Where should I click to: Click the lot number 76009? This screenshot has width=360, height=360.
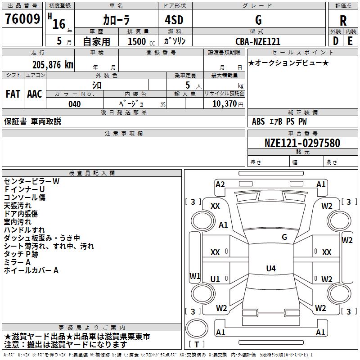pos(22,19)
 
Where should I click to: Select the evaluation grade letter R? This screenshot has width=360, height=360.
pos(343,20)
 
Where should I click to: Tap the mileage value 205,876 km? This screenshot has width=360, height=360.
pos(53,64)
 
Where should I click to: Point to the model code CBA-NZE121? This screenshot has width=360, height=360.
pos(258,41)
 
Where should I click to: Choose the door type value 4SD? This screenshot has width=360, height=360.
pos(174,20)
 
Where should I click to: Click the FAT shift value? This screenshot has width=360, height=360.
pos(13,94)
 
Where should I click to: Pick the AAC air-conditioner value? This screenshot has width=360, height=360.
pos(35,94)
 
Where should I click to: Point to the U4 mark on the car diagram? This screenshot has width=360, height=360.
pos(270,269)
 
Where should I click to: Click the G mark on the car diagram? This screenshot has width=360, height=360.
pos(284,237)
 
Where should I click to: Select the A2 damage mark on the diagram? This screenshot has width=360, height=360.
pos(220,184)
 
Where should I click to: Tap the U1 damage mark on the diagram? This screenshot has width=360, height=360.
pos(215,279)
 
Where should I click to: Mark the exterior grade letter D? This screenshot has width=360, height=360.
pos(335,41)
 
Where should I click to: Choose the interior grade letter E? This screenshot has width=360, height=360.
pos(350,41)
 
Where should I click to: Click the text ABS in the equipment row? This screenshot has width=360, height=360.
pos(258,121)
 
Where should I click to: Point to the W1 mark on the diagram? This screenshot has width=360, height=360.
pos(195,275)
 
